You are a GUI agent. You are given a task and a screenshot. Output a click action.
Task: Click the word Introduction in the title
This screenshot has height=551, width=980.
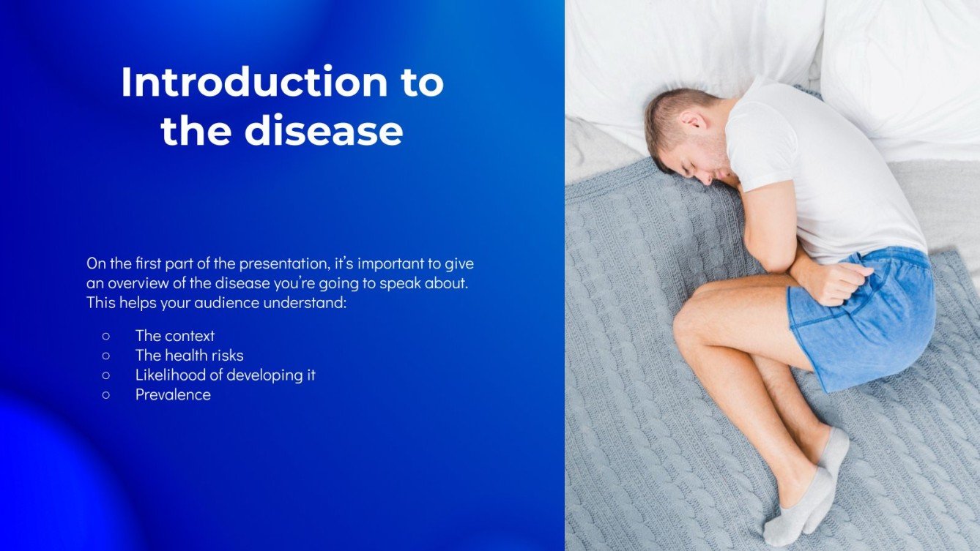pyautogui.click(x=253, y=82)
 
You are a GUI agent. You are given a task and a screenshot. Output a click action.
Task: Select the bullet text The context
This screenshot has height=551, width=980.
pyautogui.click(x=175, y=336)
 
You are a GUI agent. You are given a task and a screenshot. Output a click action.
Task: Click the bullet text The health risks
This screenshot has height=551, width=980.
pyautogui.click(x=189, y=356)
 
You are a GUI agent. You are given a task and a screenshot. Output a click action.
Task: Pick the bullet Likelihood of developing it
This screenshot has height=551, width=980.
pyautogui.click(x=225, y=375)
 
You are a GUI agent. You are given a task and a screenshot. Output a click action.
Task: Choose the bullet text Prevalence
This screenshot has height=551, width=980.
pyautogui.click(x=173, y=395)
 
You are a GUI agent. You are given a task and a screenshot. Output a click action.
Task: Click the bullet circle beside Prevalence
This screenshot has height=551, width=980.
pyautogui.click(x=106, y=395)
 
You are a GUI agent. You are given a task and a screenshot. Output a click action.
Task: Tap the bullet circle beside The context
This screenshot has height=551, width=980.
pyautogui.click(x=106, y=336)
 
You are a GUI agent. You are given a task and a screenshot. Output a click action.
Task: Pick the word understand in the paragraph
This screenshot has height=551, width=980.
pyautogui.click(x=310, y=302)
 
